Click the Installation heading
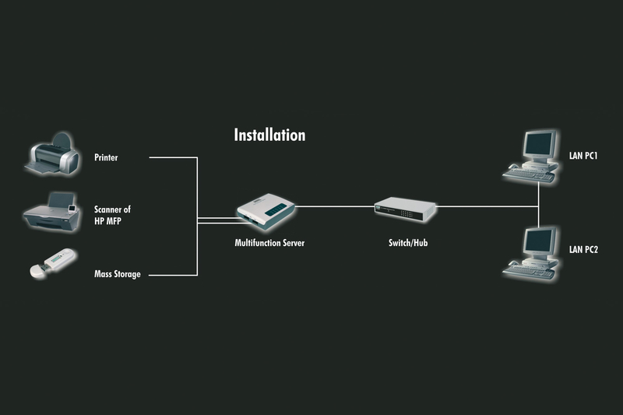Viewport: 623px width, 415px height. (269, 135)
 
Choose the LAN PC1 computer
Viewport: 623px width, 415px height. (532, 156)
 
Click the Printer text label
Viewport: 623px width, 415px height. (106, 158)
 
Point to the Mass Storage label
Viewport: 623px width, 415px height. (117, 274)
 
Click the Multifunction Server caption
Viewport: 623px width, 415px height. (269, 243)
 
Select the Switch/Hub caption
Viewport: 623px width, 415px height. (408, 243)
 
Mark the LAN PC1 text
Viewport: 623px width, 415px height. (583, 156)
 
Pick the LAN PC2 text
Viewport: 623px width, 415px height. (583, 249)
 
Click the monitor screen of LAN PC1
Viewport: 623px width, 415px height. (538, 144)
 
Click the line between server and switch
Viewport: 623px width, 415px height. (335, 206)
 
